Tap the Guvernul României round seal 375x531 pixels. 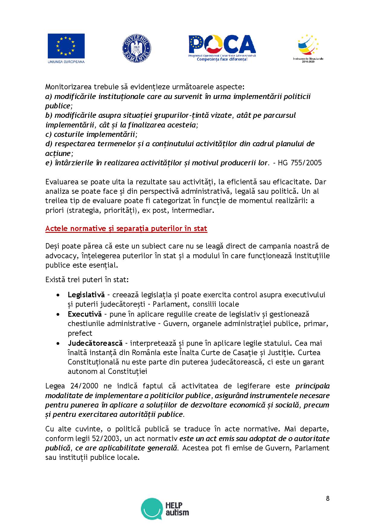pyautogui.click(x=136, y=48)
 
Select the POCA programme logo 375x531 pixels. pyautogui.click(x=222, y=48)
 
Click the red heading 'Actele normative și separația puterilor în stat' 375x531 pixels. pyautogui.click(x=126, y=228)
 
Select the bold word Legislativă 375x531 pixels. pyautogui.click(x=86, y=295)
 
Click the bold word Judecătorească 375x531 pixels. pyautogui.click(x=95, y=343)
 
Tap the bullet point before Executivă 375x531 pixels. pyautogui.click(x=58, y=315)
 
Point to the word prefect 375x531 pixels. pyautogui.click(x=80, y=333)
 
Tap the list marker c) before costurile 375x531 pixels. pyautogui.click(x=49, y=134)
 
